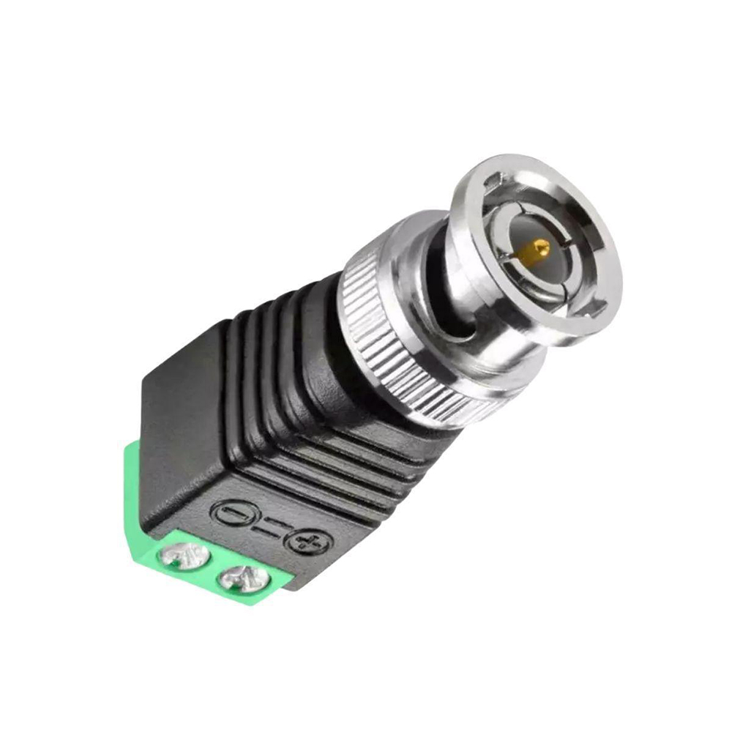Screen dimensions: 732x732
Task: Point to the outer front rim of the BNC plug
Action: pos(586,190)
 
